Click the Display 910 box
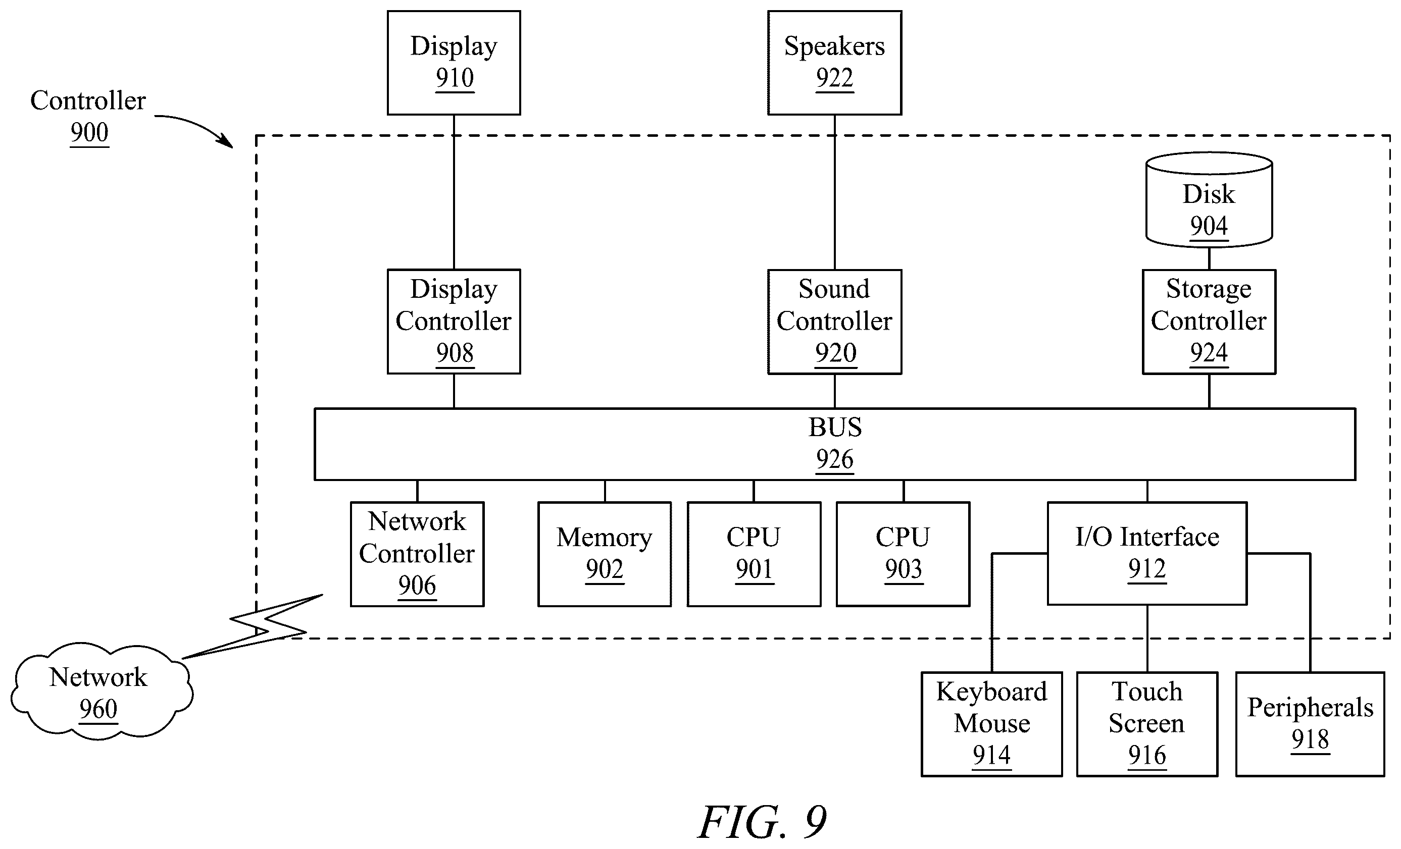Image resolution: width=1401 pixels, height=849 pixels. point(454,63)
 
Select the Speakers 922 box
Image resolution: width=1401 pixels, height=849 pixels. point(834,63)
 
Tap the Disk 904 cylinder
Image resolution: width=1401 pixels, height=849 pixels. point(1209,199)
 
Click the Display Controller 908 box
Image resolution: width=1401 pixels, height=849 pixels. point(454,321)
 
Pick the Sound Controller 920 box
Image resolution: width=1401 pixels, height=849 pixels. point(834,321)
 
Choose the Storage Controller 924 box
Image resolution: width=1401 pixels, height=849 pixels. point(1209,321)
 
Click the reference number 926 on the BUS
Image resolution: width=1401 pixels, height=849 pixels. point(835,459)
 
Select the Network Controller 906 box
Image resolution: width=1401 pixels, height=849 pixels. point(417,554)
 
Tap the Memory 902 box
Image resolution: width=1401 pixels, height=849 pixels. point(605,554)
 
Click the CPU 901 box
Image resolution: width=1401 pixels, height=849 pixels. point(754,554)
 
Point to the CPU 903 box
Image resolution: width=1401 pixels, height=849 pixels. point(903,554)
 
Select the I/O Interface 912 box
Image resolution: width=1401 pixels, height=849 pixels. point(1147,553)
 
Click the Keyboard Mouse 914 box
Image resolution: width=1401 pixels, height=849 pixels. point(991,724)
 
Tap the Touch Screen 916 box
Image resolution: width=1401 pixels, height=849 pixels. point(1147,724)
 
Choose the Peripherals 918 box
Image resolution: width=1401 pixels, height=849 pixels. point(1310,724)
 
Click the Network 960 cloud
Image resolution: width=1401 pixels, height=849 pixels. point(101,691)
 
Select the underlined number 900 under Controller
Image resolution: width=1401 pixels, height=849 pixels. point(89,132)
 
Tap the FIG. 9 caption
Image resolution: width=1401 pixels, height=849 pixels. point(762,822)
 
